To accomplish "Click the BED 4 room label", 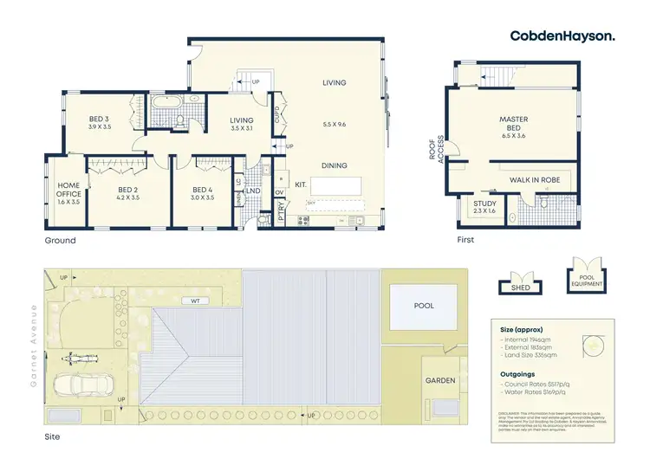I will (x=203, y=190).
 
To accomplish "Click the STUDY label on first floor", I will (x=484, y=204).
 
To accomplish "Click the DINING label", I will (x=334, y=165).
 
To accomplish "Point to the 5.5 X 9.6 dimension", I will (x=334, y=124).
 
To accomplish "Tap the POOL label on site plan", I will (x=424, y=306).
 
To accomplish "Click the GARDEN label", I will (x=439, y=379).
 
